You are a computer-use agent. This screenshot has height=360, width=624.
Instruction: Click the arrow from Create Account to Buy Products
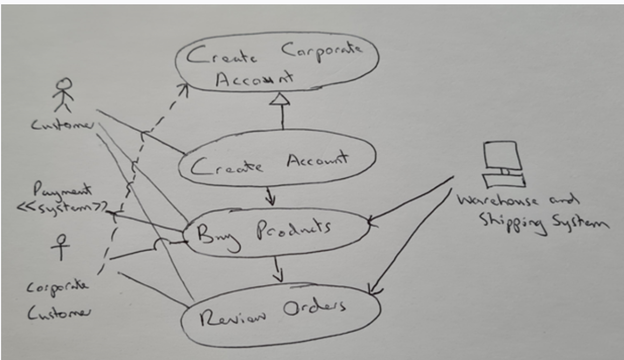click(271, 197)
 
